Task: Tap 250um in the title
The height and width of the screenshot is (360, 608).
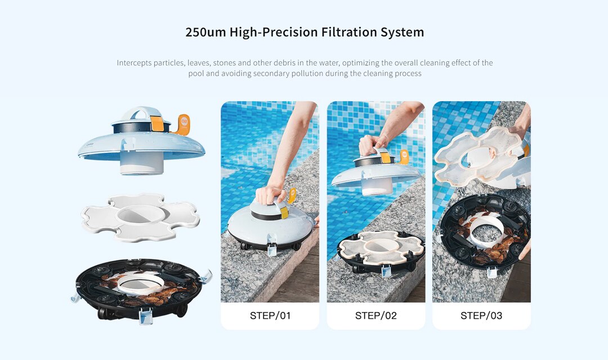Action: pos(205,33)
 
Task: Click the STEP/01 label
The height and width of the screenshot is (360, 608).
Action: pos(270,316)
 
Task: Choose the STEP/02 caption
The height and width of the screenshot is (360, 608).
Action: pos(375,316)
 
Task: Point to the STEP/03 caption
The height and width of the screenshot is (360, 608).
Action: pos(481,316)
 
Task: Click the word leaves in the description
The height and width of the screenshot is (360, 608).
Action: pos(198,63)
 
